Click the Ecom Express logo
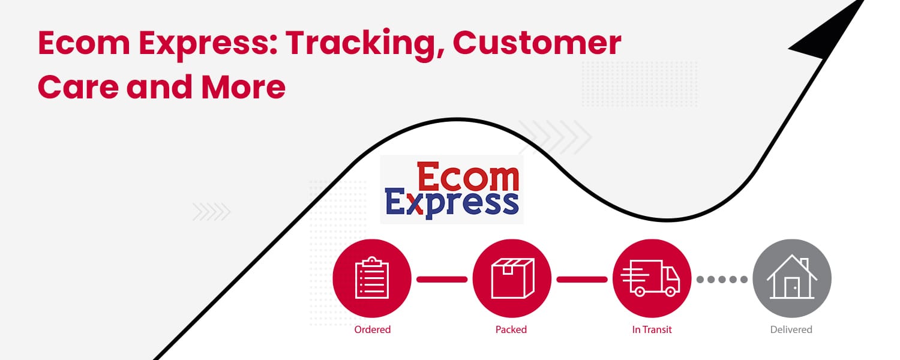[x=452, y=190]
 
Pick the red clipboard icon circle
[x=372, y=278]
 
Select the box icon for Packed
[x=512, y=278]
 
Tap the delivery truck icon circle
[x=652, y=278]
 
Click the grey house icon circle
[x=792, y=278]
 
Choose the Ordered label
[x=372, y=329]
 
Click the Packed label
[x=511, y=329]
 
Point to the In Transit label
[x=652, y=329]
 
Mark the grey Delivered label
[x=791, y=329]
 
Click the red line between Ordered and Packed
[x=442, y=279]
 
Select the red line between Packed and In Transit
[x=582, y=279]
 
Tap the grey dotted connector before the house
[x=722, y=279]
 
